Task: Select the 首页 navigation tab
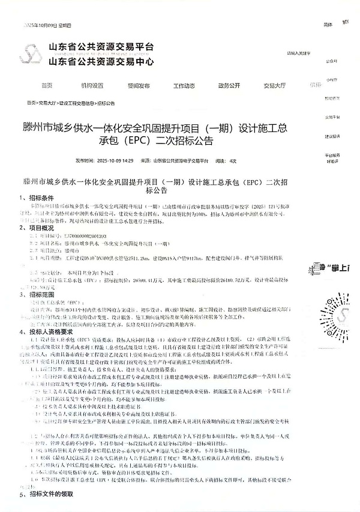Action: [47, 85]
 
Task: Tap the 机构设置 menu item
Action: [92, 85]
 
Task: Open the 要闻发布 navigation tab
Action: [139, 85]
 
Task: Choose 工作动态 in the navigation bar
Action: [184, 85]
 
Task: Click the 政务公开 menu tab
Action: [229, 85]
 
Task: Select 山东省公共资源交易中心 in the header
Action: [101, 61]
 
